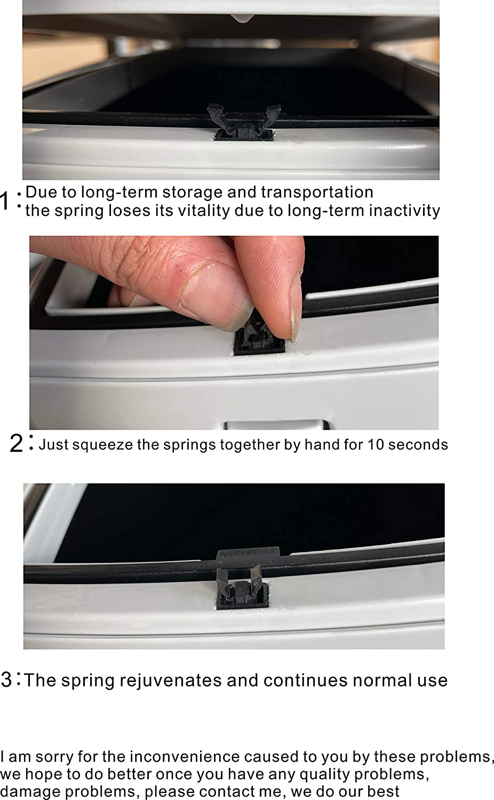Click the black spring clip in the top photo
244,123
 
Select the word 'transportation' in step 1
317,192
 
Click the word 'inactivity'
404,211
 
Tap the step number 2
16,444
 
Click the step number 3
6,679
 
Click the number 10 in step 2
376,445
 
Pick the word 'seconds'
418,445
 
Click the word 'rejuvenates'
171,681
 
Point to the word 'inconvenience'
184,757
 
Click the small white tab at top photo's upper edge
242,18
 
